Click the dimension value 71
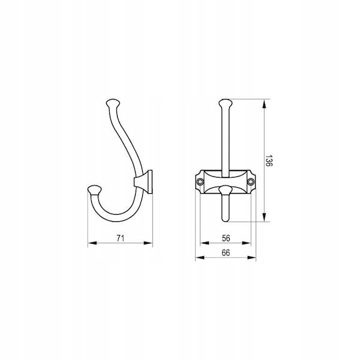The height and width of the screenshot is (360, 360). [121, 238]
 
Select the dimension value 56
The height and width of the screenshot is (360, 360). [226, 238]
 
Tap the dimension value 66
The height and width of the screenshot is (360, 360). [226, 253]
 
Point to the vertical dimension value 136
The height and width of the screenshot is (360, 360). [269, 160]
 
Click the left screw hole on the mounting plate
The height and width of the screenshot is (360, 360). [200, 182]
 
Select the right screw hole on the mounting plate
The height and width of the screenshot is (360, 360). [251, 182]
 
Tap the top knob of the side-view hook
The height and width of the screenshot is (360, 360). [113, 103]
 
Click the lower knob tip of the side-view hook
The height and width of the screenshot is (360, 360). [95, 189]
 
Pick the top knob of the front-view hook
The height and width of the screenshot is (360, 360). [226, 103]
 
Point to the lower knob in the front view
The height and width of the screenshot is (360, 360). [226, 190]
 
